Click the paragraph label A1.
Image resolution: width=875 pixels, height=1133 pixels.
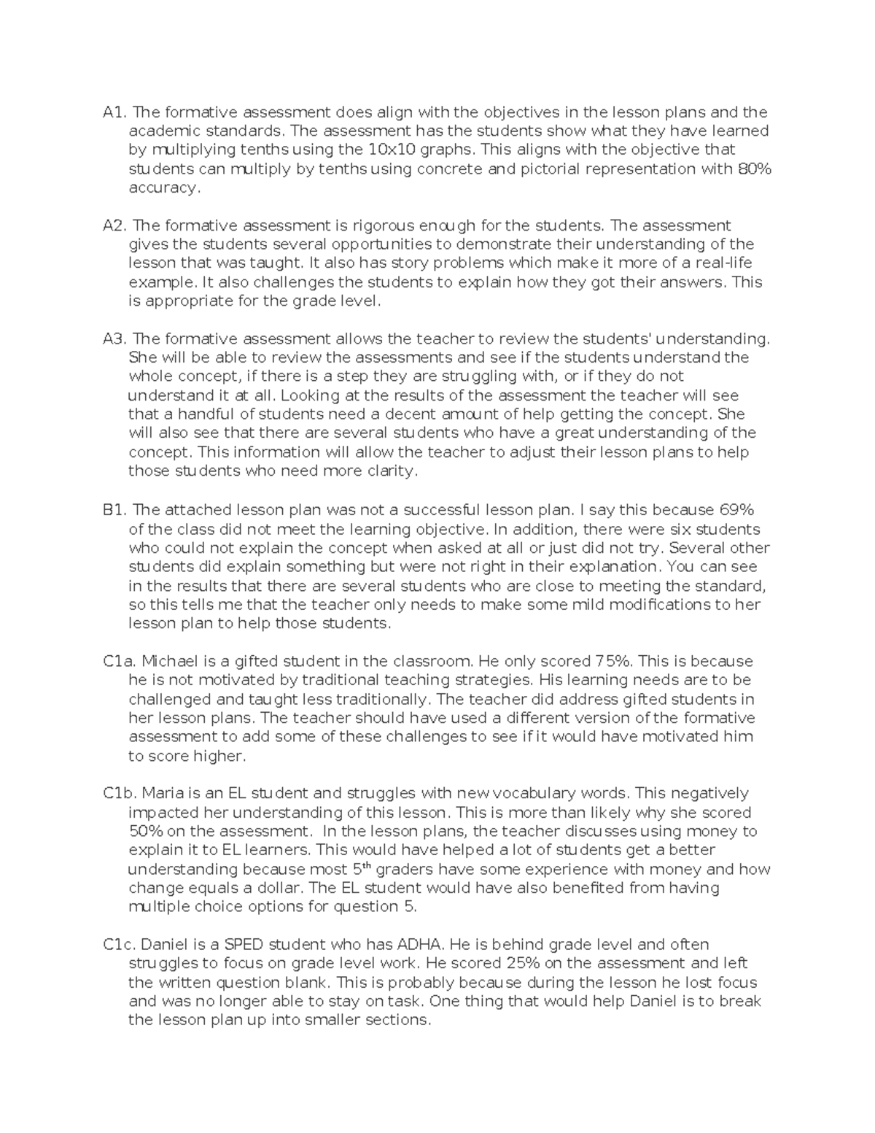tap(115, 112)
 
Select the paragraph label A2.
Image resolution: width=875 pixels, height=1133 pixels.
tap(115, 225)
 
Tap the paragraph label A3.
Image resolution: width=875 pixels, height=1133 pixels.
tap(115, 339)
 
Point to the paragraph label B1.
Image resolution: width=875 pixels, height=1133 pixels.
tap(115, 509)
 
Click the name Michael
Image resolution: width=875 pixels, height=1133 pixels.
tap(169, 661)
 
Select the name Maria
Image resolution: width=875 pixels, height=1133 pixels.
tap(162, 793)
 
